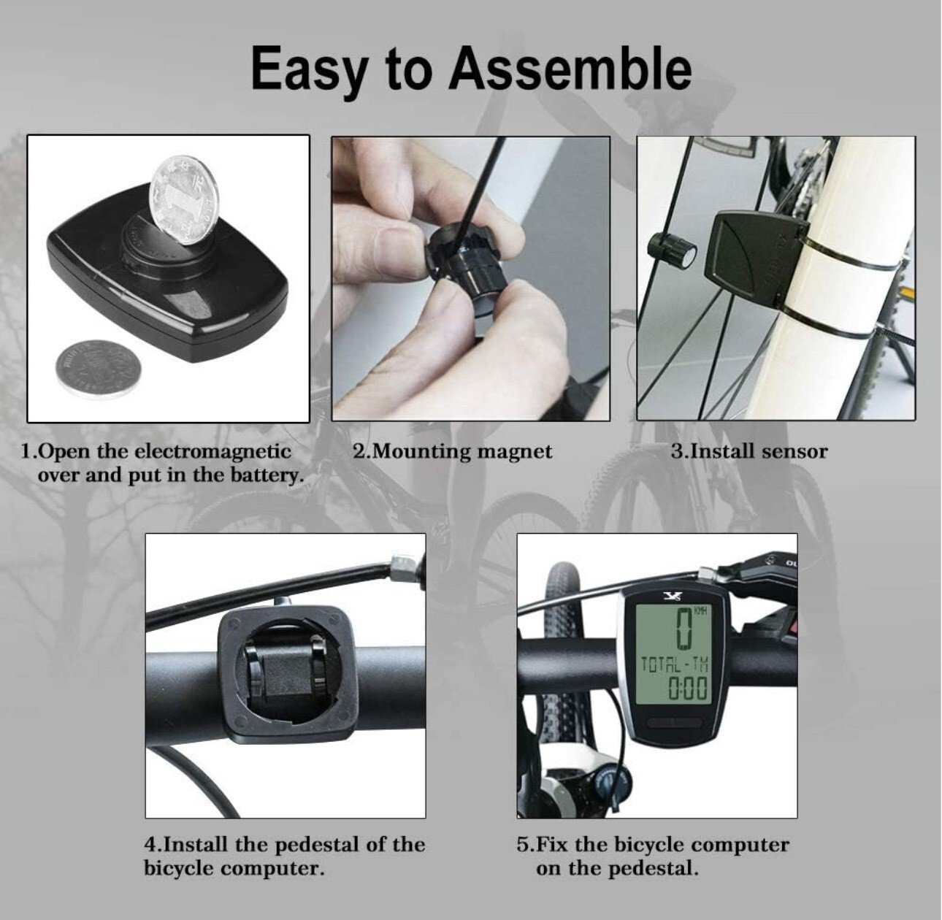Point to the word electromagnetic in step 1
[x=212, y=451]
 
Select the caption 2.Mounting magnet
[x=452, y=453]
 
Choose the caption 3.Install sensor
[x=749, y=451]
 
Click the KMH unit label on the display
[x=700, y=612]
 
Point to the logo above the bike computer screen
[x=672, y=594]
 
